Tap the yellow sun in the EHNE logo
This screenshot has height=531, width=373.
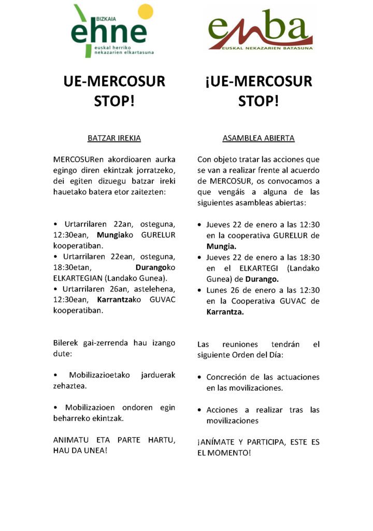click(146, 12)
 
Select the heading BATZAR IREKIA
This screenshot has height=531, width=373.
click(114, 138)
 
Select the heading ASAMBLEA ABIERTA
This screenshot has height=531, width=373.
click(259, 138)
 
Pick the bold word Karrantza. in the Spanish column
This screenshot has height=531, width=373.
click(225, 312)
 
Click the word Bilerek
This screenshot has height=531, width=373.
click(66, 343)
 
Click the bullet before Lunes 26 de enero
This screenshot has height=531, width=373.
click(200, 290)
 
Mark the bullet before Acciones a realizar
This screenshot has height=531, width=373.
click(200, 410)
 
